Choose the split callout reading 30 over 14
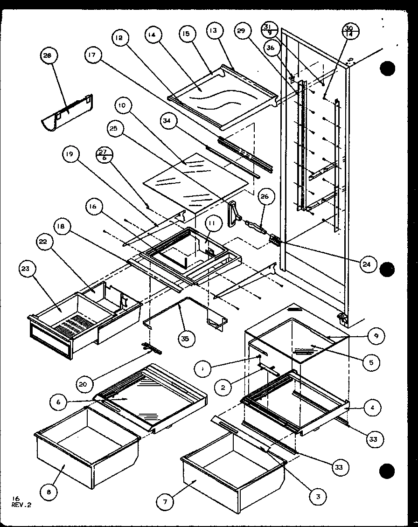(x=349, y=32)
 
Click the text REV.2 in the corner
(x=21, y=504)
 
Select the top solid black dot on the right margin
(x=388, y=69)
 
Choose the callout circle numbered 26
(x=265, y=196)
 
